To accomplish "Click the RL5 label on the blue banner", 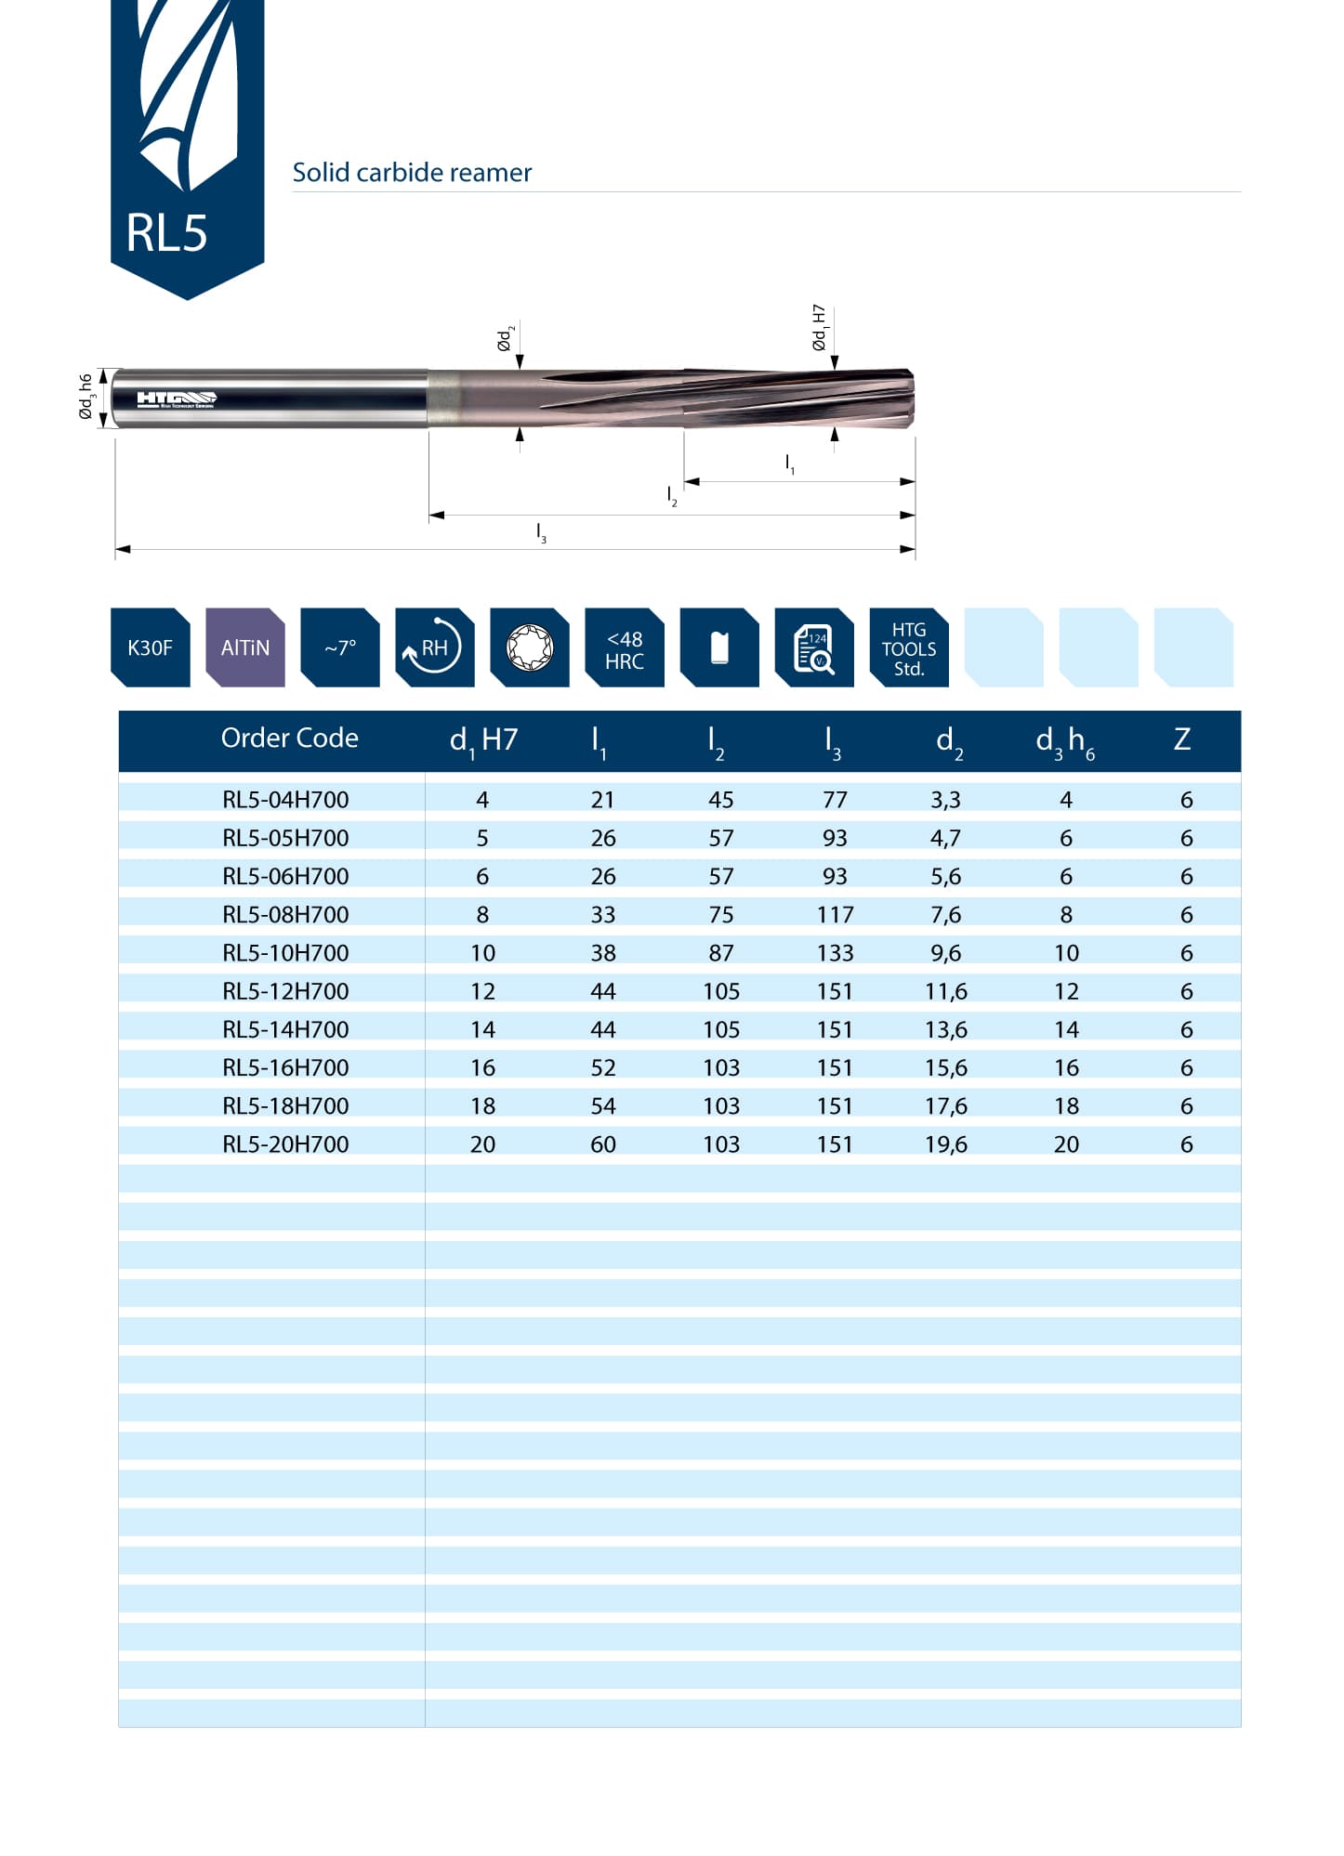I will [166, 232].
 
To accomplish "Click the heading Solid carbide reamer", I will [412, 173].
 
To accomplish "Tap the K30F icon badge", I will [150, 647].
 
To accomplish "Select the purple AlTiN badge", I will [245, 647].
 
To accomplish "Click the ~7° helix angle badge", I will [340, 647].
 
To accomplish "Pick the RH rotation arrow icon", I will [434, 647].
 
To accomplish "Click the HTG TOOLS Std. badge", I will [908, 648].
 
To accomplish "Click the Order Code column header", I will [289, 738].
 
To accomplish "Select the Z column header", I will [1181, 739].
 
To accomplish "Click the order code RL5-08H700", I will [285, 915].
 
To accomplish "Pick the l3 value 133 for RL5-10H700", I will [835, 953].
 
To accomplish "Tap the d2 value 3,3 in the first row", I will [945, 800].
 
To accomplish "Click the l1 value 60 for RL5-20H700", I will [603, 1144].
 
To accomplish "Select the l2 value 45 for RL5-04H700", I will [720, 800].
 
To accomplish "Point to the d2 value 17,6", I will [945, 1106].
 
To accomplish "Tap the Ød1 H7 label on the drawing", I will [819, 327].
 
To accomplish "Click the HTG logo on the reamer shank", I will [177, 399].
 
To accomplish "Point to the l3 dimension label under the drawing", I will [541, 533].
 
